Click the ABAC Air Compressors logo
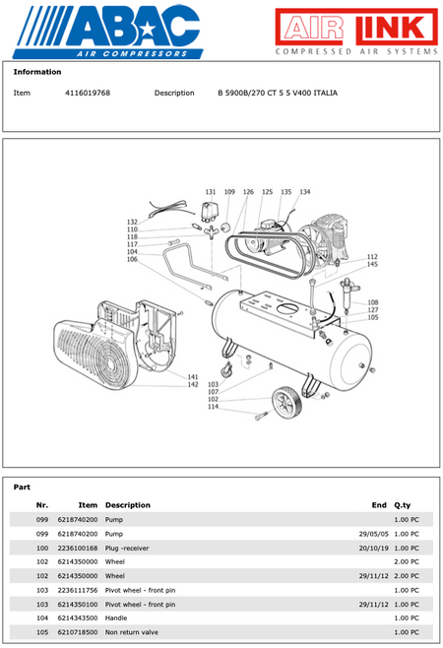[x=108, y=32]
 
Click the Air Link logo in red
[x=356, y=31]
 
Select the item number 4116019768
[x=88, y=93]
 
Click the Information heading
[x=37, y=72]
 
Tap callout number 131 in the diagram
[x=211, y=192]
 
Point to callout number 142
[x=193, y=384]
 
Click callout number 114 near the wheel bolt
[x=213, y=407]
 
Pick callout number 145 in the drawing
[x=372, y=264]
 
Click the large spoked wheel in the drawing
[x=286, y=402]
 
